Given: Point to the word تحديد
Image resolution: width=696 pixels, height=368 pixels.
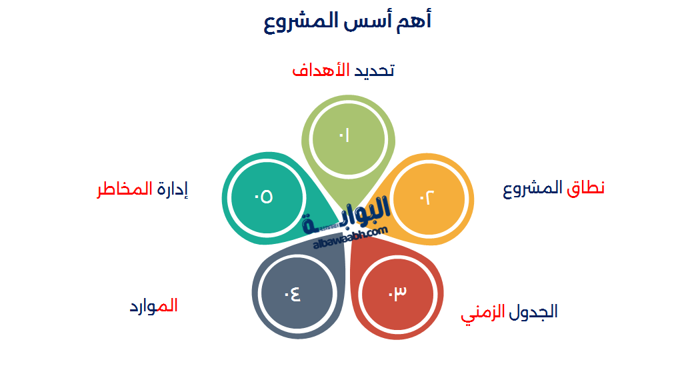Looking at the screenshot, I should click(x=373, y=70).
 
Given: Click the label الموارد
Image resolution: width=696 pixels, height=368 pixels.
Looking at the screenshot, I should click(x=153, y=307).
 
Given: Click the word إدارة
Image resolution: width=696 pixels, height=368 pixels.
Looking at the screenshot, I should click(x=173, y=189).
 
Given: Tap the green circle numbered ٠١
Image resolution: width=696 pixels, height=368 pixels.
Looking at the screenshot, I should click(x=344, y=136).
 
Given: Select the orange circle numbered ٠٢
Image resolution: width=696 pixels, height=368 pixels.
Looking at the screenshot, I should click(x=427, y=198).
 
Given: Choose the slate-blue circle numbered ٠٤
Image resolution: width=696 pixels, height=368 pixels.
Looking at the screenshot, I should click(x=293, y=293).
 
